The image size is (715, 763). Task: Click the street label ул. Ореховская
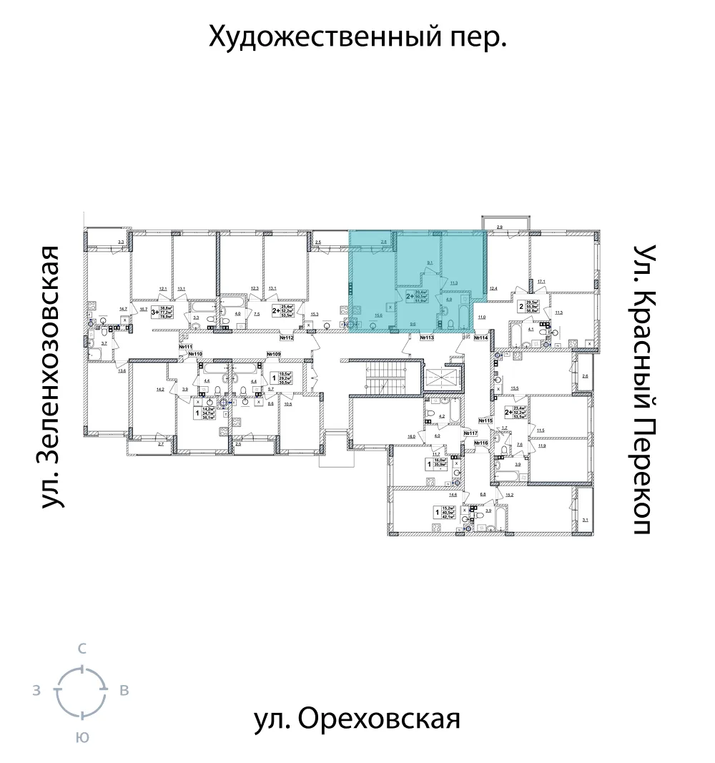pyautogui.click(x=357, y=719)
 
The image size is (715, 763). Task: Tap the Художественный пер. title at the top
pyautogui.click(x=357, y=36)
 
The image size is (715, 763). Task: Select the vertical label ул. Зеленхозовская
pyautogui.click(x=49, y=378)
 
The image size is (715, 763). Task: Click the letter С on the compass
pyautogui.click(x=82, y=649)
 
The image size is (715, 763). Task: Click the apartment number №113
pyautogui.click(x=428, y=337)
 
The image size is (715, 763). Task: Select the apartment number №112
pyautogui.click(x=287, y=337)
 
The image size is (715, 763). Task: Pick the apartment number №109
pyautogui.click(x=273, y=354)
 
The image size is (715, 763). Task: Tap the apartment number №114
pyautogui.click(x=480, y=337)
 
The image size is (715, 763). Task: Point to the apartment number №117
pyautogui.click(x=470, y=433)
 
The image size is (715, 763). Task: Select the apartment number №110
pyautogui.click(x=195, y=354)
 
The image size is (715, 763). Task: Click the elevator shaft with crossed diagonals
pyautogui.click(x=440, y=378)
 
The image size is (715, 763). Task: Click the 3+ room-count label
pyautogui.click(x=154, y=311)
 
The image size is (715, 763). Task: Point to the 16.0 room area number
pyautogui.click(x=412, y=435)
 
